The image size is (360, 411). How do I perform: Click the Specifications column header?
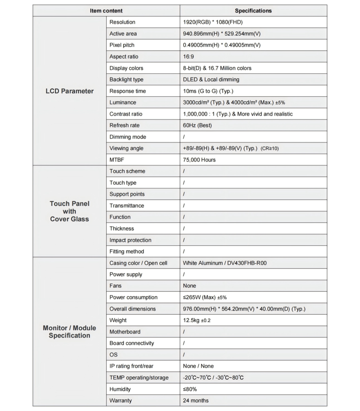[x=253, y=11]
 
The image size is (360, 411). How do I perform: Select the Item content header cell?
[x=106, y=11]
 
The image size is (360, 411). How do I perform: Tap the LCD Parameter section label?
[x=69, y=91]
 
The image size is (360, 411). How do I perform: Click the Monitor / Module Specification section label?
[x=69, y=332]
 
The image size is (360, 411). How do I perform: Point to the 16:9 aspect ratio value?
[x=188, y=57]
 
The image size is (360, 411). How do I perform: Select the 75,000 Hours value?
[x=199, y=160]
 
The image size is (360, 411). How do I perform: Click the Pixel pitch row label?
[x=123, y=45]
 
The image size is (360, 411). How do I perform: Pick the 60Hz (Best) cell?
[x=197, y=125]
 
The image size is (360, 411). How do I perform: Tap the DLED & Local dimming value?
[x=211, y=79]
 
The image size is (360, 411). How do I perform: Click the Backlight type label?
[x=126, y=79]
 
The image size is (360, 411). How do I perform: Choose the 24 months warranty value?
[x=195, y=400]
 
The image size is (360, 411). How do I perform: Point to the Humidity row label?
[x=120, y=389]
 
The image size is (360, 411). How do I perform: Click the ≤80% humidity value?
[x=190, y=389]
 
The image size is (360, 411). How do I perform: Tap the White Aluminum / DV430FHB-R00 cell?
[x=224, y=263]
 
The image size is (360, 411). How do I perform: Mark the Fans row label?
[x=116, y=286]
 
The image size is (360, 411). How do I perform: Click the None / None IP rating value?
[x=198, y=366]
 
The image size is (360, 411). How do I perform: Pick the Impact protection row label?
[x=130, y=240]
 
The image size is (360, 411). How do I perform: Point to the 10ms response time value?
[x=207, y=91]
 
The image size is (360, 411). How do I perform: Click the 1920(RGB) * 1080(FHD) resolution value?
[x=213, y=22]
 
